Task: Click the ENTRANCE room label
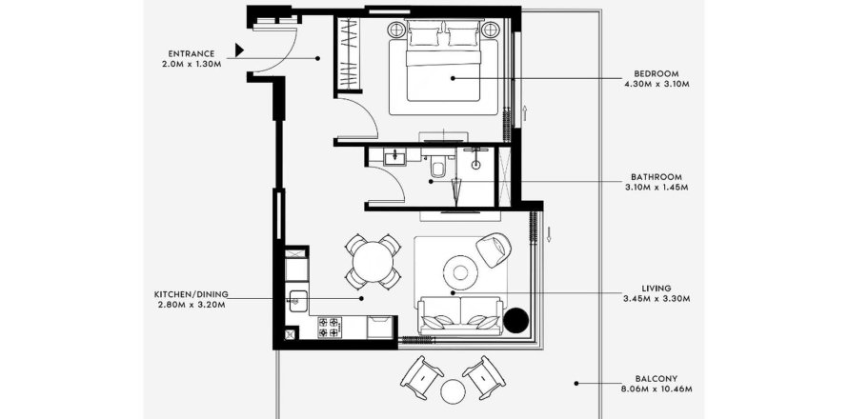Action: pyautogui.click(x=192, y=53)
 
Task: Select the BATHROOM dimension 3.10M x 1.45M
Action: pyautogui.click(x=656, y=188)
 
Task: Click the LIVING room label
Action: pyautogui.click(x=656, y=289)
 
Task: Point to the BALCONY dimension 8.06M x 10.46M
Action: pyautogui.click(x=656, y=389)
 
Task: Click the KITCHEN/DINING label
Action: pyautogui.click(x=191, y=294)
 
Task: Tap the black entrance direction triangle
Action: pyautogui.click(x=239, y=50)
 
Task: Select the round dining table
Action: pyautogui.click(x=373, y=262)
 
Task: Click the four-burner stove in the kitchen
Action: pyautogui.click(x=329, y=327)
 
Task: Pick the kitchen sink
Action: pyautogui.click(x=298, y=301)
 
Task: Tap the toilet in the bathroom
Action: pyautogui.click(x=437, y=167)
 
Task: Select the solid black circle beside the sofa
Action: pyautogui.click(x=515, y=321)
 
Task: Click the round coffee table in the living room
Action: pyautogui.click(x=460, y=272)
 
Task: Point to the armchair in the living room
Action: pyautogui.click(x=494, y=249)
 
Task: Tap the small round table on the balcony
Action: pyautogui.click(x=453, y=390)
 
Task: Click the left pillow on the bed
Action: pyautogui.click(x=423, y=37)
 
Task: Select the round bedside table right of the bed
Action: pyautogui.click(x=491, y=30)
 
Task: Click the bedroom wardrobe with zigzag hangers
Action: pyautogui.click(x=348, y=53)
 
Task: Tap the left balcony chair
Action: pyautogui.click(x=421, y=377)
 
